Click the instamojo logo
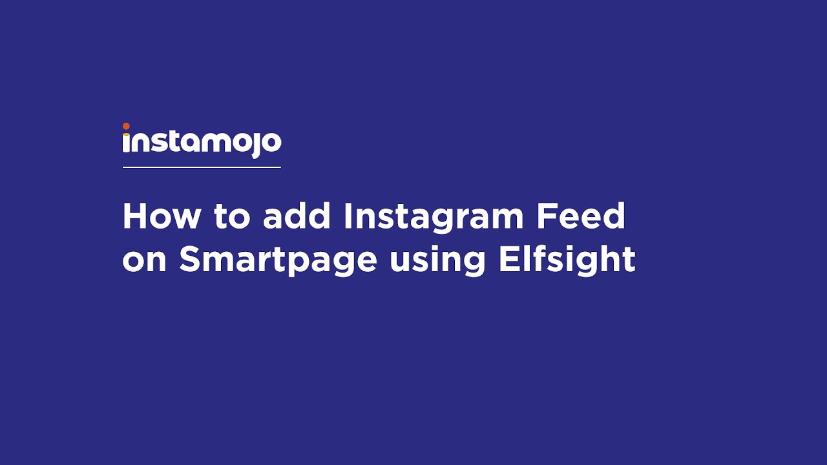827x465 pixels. pyautogui.click(x=202, y=141)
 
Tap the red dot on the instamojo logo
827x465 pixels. pyautogui.click(x=126, y=127)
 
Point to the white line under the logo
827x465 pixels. pyautogui.click(x=202, y=167)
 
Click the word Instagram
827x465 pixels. pyautogui.click(x=434, y=218)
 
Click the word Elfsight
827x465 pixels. pyautogui.click(x=567, y=260)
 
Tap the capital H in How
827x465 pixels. pyautogui.click(x=134, y=216)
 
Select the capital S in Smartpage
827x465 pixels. pyautogui.click(x=191, y=260)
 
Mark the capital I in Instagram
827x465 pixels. pyautogui.click(x=347, y=216)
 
